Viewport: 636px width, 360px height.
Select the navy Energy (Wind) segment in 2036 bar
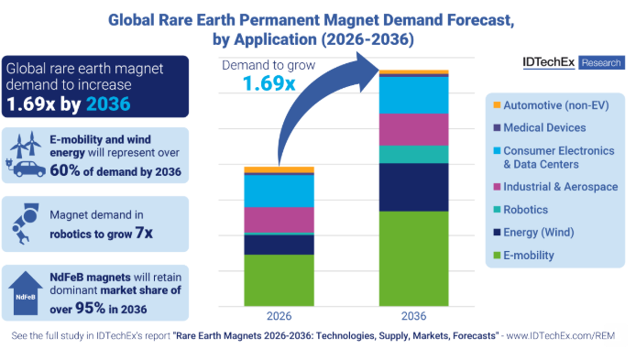[414, 187]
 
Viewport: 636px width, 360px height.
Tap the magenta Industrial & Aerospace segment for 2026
[279, 220]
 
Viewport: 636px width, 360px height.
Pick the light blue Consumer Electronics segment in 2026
[279, 191]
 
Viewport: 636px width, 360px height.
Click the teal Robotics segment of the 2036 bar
[414, 154]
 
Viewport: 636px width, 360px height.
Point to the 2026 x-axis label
[279, 316]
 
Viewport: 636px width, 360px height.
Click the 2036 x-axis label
[414, 316]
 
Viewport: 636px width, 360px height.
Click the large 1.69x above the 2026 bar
[269, 83]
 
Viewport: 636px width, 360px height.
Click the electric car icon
[27, 169]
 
